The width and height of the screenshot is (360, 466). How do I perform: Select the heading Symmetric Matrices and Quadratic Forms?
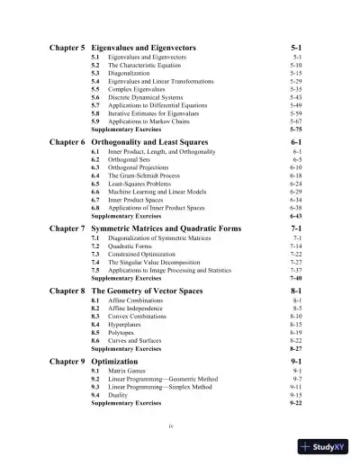pos(174,229)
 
